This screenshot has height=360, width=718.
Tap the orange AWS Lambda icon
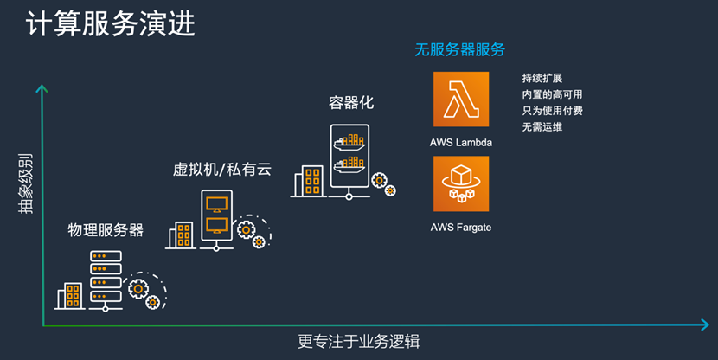click(x=461, y=100)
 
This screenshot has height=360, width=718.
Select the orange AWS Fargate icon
click(x=461, y=183)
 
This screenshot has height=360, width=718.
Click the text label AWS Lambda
click(x=461, y=141)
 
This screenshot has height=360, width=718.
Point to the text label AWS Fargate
click(x=461, y=228)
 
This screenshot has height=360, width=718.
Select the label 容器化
click(x=350, y=103)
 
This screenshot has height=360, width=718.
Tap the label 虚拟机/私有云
click(x=222, y=169)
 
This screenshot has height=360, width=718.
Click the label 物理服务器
click(x=106, y=230)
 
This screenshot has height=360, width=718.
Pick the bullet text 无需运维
click(x=542, y=128)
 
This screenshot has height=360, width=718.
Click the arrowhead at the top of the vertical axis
click(x=40, y=87)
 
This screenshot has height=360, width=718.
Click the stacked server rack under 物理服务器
click(x=106, y=281)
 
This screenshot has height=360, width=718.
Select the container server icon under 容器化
click(x=349, y=159)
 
